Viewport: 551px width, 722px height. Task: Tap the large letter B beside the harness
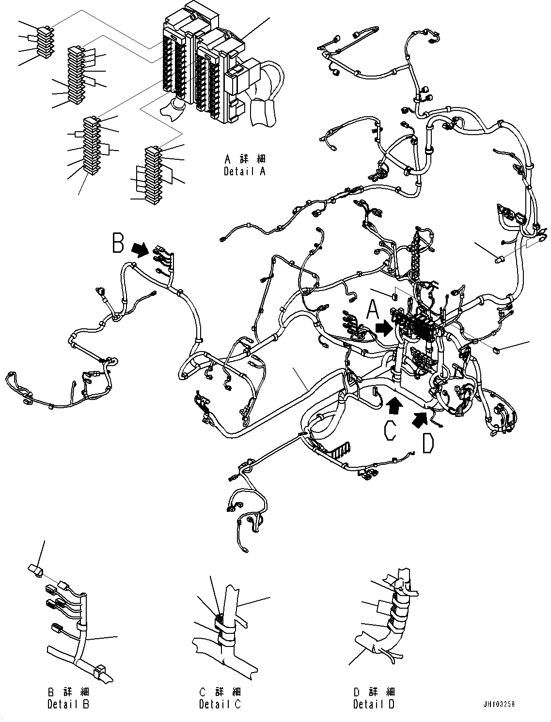[118, 244]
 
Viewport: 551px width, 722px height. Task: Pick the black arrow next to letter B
[141, 249]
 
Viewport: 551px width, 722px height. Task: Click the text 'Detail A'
[245, 171]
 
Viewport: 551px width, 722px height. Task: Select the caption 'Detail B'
[68, 704]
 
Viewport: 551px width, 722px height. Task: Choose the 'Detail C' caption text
[220, 704]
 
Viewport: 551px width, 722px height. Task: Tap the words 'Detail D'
[374, 704]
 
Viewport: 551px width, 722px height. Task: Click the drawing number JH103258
[499, 704]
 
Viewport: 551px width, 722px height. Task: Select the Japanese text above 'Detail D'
[374, 691]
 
